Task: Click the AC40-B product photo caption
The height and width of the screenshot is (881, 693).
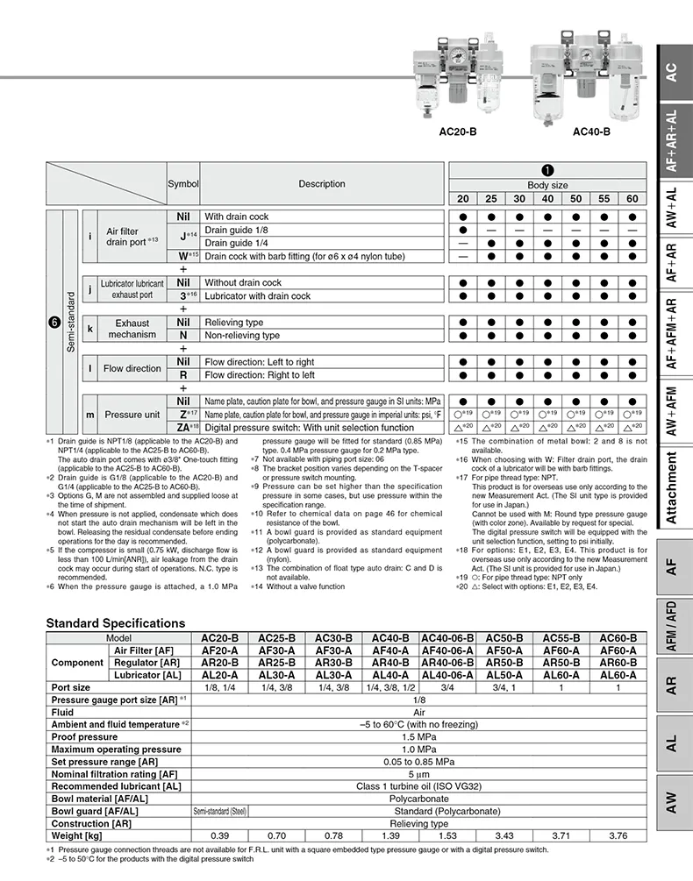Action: (591, 133)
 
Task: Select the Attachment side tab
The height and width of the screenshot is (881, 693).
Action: (671, 487)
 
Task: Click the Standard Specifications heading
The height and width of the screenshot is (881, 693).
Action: (116, 623)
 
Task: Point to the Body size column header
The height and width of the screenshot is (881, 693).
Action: (547, 186)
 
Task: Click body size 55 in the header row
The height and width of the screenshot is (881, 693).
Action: (604, 199)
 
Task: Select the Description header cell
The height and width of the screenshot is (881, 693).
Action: (322, 184)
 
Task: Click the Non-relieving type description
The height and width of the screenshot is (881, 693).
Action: (242, 336)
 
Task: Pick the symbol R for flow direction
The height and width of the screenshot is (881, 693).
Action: (183, 375)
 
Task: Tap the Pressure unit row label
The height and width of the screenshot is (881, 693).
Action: (132, 415)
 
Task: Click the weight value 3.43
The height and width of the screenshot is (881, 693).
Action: (504, 835)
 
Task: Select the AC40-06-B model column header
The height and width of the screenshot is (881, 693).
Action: (447, 638)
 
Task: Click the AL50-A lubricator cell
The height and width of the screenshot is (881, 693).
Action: (504, 675)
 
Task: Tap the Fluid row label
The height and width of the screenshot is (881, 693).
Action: (63, 713)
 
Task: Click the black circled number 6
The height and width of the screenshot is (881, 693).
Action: (54, 322)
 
